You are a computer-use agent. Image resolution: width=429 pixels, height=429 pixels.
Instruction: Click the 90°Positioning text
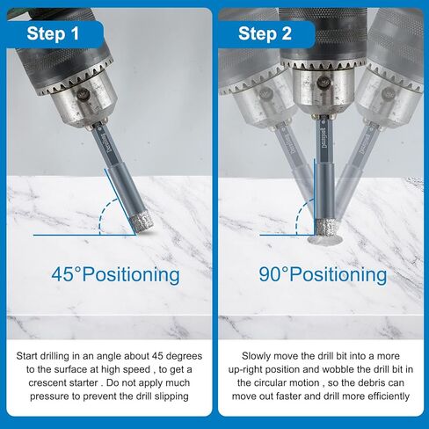322,274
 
